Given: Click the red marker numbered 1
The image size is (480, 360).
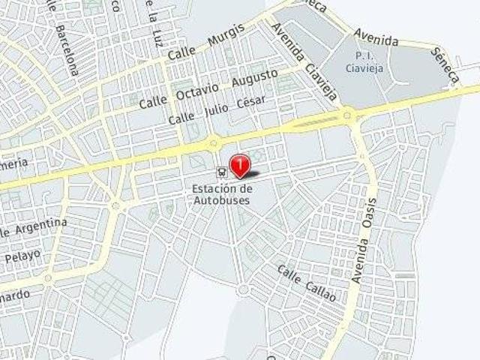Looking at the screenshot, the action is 239,162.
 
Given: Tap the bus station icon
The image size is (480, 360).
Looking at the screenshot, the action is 220,170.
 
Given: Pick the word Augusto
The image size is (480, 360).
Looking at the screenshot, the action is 255,76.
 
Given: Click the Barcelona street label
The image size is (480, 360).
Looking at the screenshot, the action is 66,51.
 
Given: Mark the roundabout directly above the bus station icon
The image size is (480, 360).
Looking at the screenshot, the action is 214,141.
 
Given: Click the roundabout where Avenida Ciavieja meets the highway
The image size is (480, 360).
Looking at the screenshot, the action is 347,115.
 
